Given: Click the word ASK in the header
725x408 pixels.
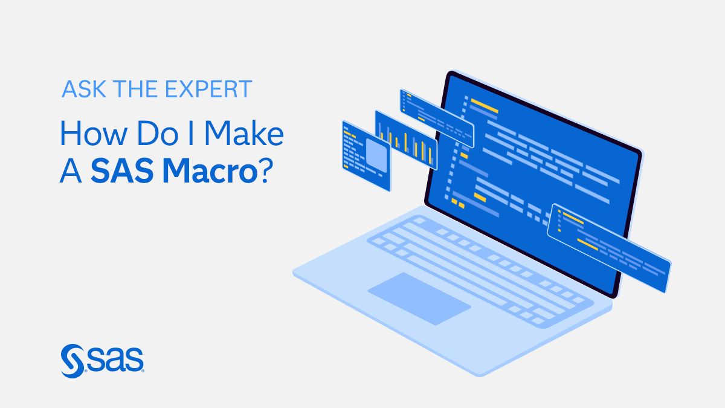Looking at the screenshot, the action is [83, 89].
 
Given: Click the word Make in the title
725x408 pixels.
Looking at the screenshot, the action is [244, 133].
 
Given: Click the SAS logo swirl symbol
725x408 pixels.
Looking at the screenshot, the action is [72, 361].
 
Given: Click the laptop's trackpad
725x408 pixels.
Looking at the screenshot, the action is [419, 299].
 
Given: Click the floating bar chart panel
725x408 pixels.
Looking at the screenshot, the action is [406, 140].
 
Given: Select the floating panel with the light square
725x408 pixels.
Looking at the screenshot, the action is [366, 156].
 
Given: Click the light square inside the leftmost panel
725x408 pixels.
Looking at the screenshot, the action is [376, 155].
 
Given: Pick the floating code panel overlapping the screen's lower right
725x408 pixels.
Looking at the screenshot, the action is [609, 248].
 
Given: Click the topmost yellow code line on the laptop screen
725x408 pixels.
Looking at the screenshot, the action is [484, 106].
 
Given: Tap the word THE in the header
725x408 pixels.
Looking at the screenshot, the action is [135, 89].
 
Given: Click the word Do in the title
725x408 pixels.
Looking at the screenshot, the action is [158, 133].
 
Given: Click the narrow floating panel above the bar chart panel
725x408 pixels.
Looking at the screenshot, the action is [437, 118].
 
